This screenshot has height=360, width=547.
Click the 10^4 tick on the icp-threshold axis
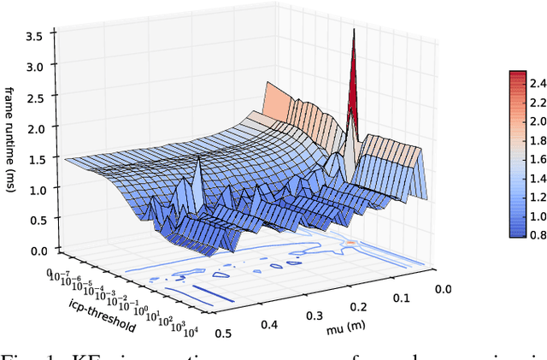tap(191, 331)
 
